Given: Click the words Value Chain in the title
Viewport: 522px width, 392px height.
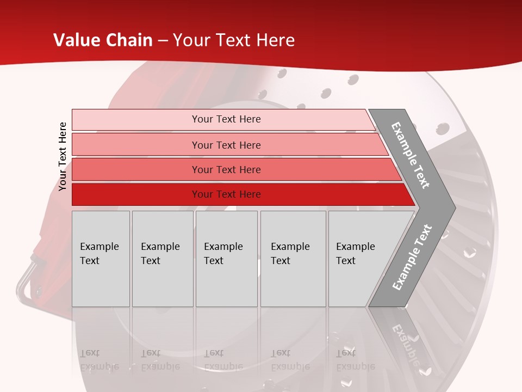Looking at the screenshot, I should [x=103, y=40].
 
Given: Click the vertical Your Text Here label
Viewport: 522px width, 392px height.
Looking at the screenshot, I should [x=63, y=156].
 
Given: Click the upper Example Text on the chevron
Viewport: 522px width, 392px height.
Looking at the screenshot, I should [x=411, y=155].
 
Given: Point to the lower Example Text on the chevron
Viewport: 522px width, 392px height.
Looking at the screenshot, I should [x=412, y=258].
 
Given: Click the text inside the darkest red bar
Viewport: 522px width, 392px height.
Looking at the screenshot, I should [x=226, y=194].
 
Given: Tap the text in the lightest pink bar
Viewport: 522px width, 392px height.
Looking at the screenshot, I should [x=226, y=119].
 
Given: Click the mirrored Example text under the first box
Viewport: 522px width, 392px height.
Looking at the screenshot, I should [x=99, y=366].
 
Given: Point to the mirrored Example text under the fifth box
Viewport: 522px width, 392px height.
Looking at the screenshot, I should [x=355, y=366].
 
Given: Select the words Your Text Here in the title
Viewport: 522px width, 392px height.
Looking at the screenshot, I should [x=234, y=40].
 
